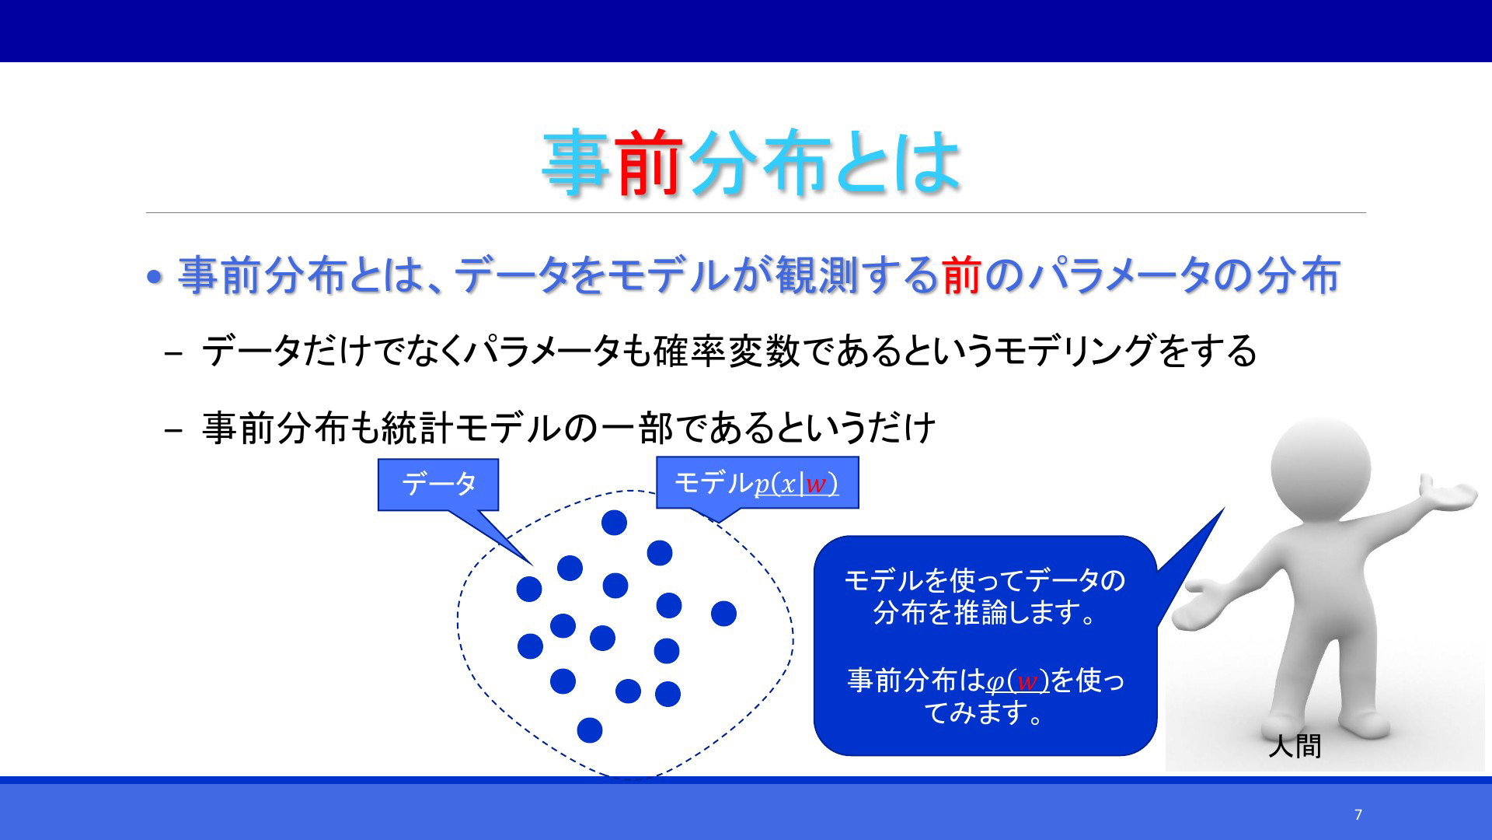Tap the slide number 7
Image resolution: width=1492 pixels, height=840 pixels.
tap(1358, 814)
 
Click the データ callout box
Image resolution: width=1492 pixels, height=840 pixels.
tap(438, 485)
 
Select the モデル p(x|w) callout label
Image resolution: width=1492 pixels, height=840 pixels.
tap(757, 483)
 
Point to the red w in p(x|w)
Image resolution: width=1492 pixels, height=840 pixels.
tap(815, 485)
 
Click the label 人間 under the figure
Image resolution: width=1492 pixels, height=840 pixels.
tap(1295, 746)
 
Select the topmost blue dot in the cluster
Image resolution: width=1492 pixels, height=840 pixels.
tap(614, 523)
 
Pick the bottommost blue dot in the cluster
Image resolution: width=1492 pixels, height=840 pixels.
tap(590, 730)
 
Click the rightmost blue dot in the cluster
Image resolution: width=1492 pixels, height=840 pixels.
tap(723, 614)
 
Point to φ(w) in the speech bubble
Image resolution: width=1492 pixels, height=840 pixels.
tap(1017, 681)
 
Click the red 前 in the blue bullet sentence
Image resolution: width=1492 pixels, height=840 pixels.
tap(962, 275)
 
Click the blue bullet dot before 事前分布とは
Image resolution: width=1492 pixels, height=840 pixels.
tap(155, 276)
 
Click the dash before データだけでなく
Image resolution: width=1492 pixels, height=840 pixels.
tap(174, 353)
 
